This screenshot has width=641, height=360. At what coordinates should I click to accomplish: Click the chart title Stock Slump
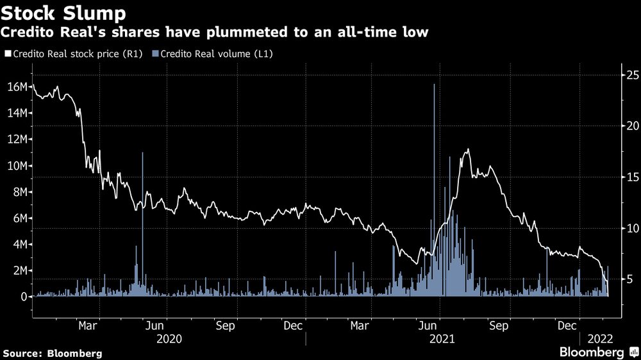63,12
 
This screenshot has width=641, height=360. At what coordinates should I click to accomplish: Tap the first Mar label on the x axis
88,326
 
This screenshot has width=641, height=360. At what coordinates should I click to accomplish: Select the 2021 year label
442,338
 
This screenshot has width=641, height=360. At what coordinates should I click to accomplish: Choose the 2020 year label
169,338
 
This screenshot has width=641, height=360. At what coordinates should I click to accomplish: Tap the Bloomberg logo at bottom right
592,352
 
